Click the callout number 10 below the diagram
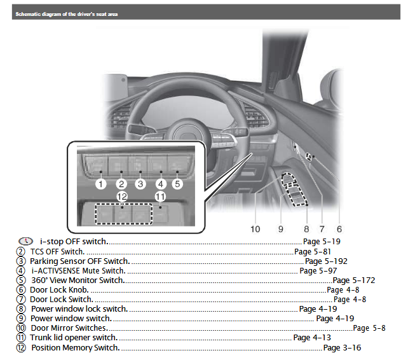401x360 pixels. pos(255,229)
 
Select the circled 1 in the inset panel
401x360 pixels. pos(100,184)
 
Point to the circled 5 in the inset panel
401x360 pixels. pos(177,184)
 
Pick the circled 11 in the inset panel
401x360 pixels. pos(160,197)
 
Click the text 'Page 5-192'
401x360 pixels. pos(327,261)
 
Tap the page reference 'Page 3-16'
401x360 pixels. pos(343,348)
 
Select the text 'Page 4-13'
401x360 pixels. pos(312,338)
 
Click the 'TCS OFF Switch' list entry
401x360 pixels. pos(57,251)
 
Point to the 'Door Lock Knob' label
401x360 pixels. pos(59,289)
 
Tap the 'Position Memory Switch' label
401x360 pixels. pos(75,348)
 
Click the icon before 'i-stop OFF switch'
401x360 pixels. pos(25,241)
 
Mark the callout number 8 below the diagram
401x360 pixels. pos(306,229)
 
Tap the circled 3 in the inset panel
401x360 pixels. pos(140,184)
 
